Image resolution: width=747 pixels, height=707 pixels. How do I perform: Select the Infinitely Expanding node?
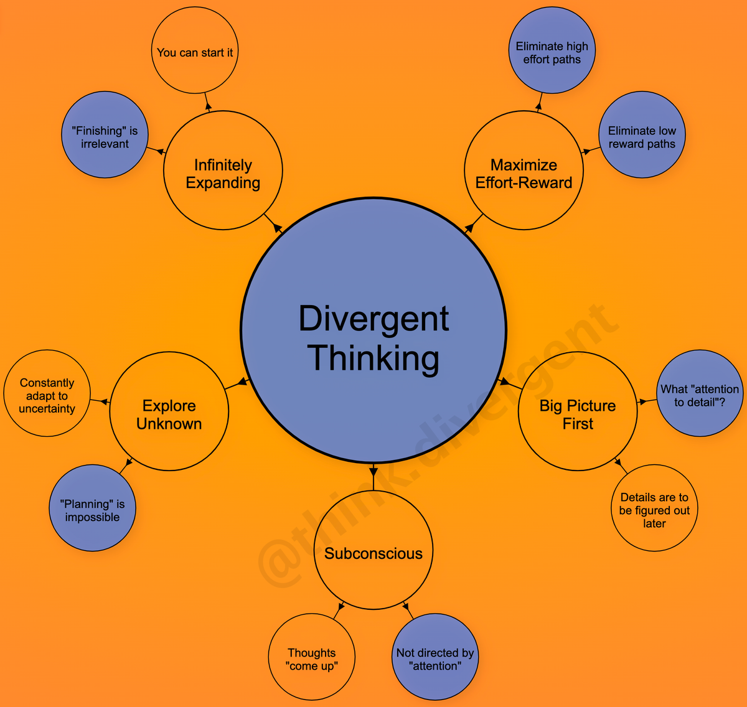click(x=223, y=171)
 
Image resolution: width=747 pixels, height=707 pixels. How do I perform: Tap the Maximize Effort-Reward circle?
click(x=524, y=171)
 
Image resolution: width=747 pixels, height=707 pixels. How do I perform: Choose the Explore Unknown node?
click(x=169, y=411)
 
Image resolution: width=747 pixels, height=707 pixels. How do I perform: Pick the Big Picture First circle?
click(x=578, y=411)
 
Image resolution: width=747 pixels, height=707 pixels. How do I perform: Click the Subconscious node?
click(x=374, y=550)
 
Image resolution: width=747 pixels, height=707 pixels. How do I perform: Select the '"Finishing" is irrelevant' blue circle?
click(x=105, y=135)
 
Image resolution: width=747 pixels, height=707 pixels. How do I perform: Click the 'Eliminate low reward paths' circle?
click(x=642, y=135)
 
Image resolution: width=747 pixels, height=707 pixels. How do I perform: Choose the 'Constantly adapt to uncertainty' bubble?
click(x=47, y=393)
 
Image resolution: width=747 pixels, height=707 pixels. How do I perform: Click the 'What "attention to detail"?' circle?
click(x=700, y=393)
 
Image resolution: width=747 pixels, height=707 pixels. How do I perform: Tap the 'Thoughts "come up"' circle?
click(x=312, y=657)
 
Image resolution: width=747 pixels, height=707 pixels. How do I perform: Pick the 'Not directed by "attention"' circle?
click(x=435, y=657)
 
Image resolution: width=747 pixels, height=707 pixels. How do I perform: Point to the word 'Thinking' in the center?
click(x=374, y=358)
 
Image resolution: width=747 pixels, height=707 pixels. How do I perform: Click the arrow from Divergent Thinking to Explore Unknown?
click(x=237, y=385)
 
